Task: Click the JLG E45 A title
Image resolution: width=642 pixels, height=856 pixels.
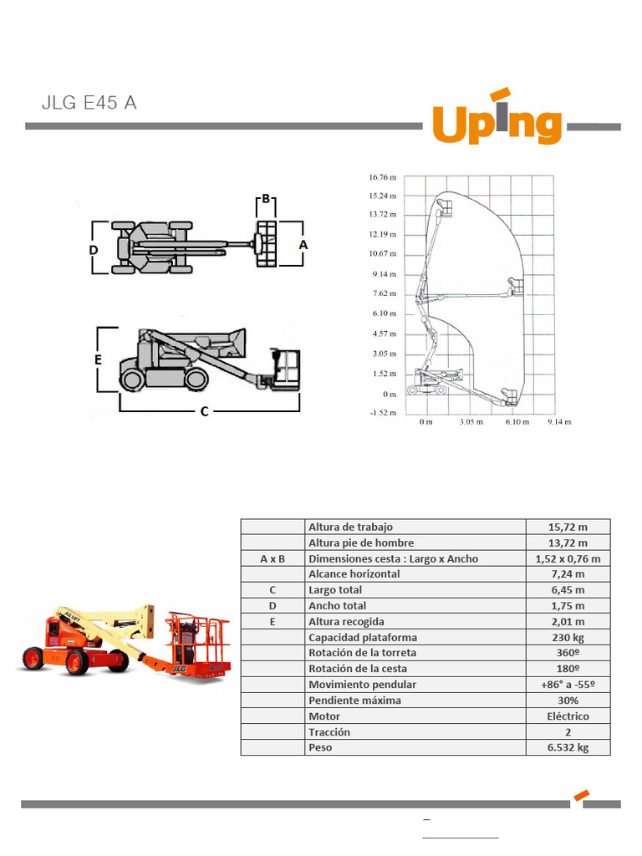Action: pos(89,104)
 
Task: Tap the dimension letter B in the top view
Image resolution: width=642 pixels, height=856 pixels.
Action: pos(266,199)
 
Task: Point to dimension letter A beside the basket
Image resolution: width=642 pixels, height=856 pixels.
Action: pos(303,244)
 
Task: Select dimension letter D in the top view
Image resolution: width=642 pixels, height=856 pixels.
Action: pos(94,250)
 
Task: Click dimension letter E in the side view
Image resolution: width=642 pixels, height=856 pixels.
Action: pos(99,359)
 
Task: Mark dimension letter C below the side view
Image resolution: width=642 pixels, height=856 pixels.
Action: pos(204,411)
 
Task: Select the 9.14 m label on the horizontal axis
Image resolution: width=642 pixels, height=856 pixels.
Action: pos(558,422)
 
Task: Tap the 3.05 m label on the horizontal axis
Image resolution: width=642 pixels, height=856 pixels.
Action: pos(471,422)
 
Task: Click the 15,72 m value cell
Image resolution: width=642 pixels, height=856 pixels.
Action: pos(568,527)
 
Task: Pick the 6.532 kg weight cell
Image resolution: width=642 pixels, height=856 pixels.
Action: pos(568,747)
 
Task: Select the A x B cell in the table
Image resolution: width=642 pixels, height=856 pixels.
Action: pos(273,558)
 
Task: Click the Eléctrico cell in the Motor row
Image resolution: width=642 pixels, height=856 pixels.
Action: pos(568,716)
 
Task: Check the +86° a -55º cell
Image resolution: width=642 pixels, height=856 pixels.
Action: pos(568,685)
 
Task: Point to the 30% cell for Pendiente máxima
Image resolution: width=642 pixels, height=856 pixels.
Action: pos(568,701)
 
